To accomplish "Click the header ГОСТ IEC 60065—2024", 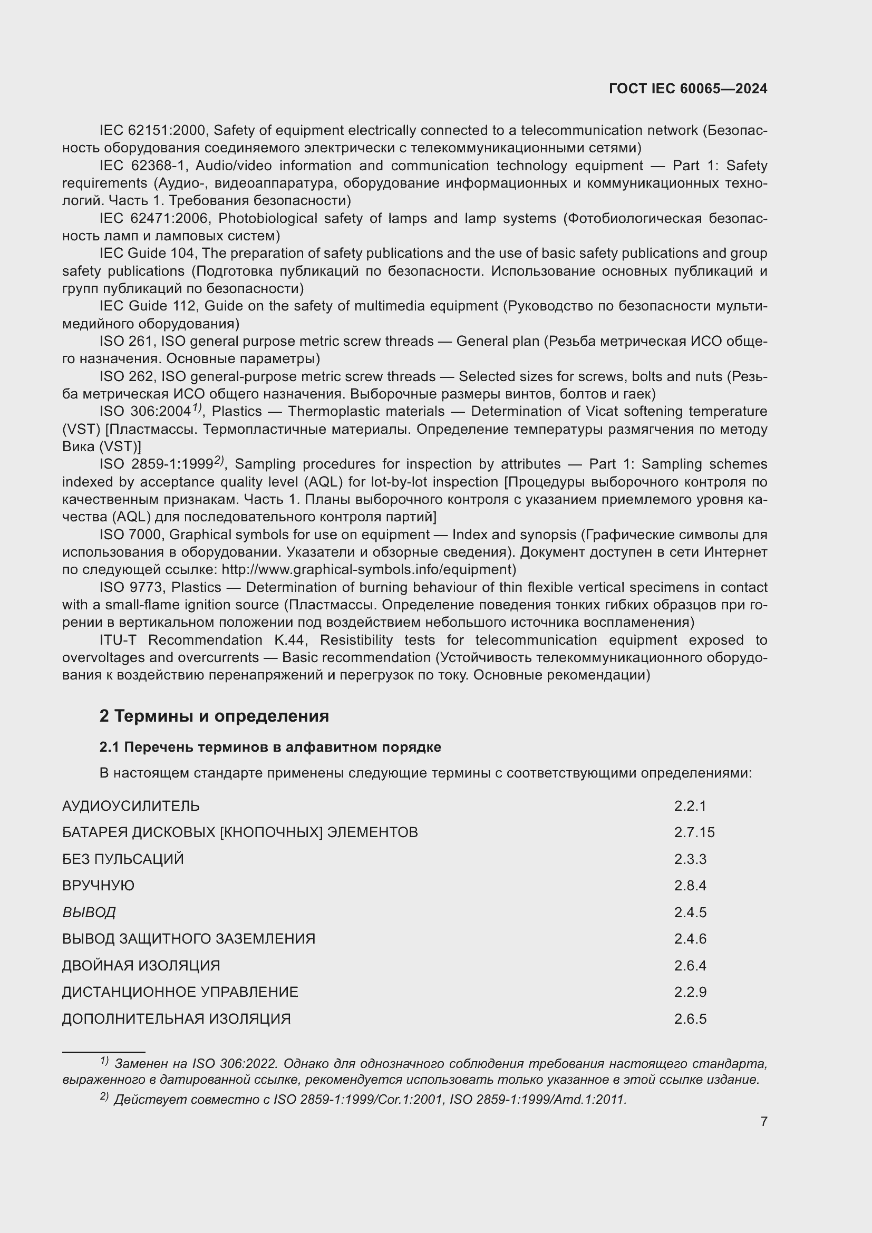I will (688, 89).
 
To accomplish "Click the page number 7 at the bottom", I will (763, 1121).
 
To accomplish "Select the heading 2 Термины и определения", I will (214, 716).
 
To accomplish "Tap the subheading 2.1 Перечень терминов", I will (270, 747).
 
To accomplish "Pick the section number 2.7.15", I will (694, 833).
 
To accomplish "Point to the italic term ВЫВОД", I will (89, 912).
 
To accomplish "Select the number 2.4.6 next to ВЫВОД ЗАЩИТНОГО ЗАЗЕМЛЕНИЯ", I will (690, 939).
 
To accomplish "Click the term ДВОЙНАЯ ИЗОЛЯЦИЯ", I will (141, 966).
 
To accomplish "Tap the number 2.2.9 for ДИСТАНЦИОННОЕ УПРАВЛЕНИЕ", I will (690, 992).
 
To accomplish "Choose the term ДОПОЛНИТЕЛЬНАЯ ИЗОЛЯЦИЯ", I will (176, 1019).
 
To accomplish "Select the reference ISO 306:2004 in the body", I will (145, 412).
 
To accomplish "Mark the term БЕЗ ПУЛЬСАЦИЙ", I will (122, 859).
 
